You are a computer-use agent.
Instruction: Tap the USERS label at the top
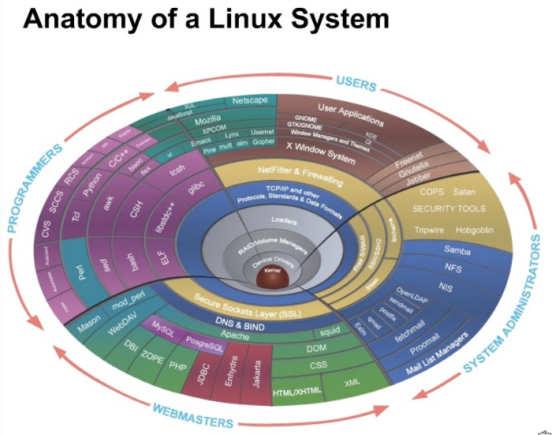click(356, 82)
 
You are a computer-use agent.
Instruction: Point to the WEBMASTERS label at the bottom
click(194, 414)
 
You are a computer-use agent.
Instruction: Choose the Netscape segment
click(249, 101)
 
